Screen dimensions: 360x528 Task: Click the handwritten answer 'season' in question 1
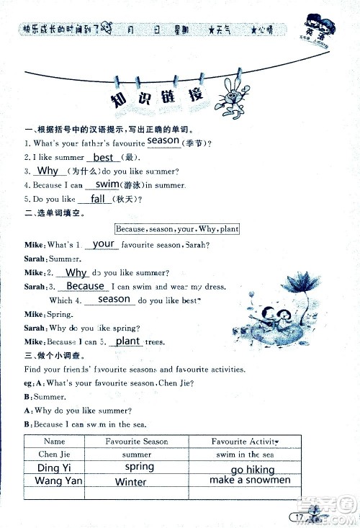click(x=163, y=140)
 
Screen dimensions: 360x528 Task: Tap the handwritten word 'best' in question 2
click(x=104, y=157)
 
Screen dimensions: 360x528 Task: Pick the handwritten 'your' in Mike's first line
click(x=104, y=243)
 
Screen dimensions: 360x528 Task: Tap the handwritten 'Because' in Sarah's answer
click(x=85, y=286)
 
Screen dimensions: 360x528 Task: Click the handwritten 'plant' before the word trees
click(x=127, y=341)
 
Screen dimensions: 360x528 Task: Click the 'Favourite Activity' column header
click(x=244, y=441)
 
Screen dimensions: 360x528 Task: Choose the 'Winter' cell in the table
click(x=130, y=482)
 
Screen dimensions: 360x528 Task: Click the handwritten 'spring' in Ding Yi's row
click(x=139, y=467)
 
